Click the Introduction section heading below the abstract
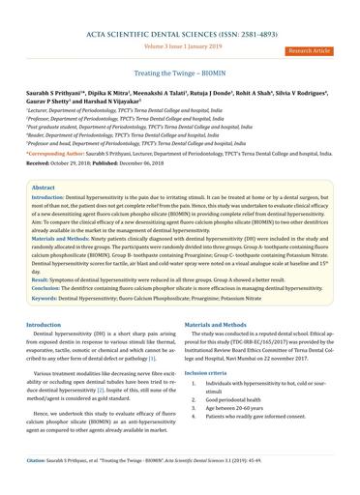pyautogui.click(x=44, y=326)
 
